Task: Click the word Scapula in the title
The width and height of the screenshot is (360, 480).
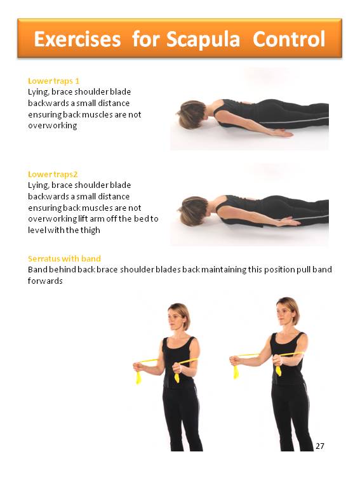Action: tap(203, 40)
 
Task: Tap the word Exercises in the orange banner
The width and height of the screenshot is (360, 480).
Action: tap(77, 39)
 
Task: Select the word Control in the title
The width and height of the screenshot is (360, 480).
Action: tap(289, 39)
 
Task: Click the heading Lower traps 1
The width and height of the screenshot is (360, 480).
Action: tap(53, 81)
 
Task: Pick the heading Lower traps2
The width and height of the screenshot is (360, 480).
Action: tap(53, 175)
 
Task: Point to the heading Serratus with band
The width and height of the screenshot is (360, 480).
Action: tap(64, 258)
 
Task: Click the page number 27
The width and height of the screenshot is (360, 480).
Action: tap(320, 446)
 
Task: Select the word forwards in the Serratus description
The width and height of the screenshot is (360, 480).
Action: tap(45, 281)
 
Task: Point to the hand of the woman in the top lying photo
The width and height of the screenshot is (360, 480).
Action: tap(283, 133)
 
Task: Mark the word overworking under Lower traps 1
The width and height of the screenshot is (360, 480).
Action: tap(53, 126)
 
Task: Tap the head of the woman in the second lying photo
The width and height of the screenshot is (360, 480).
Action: tap(194, 211)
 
